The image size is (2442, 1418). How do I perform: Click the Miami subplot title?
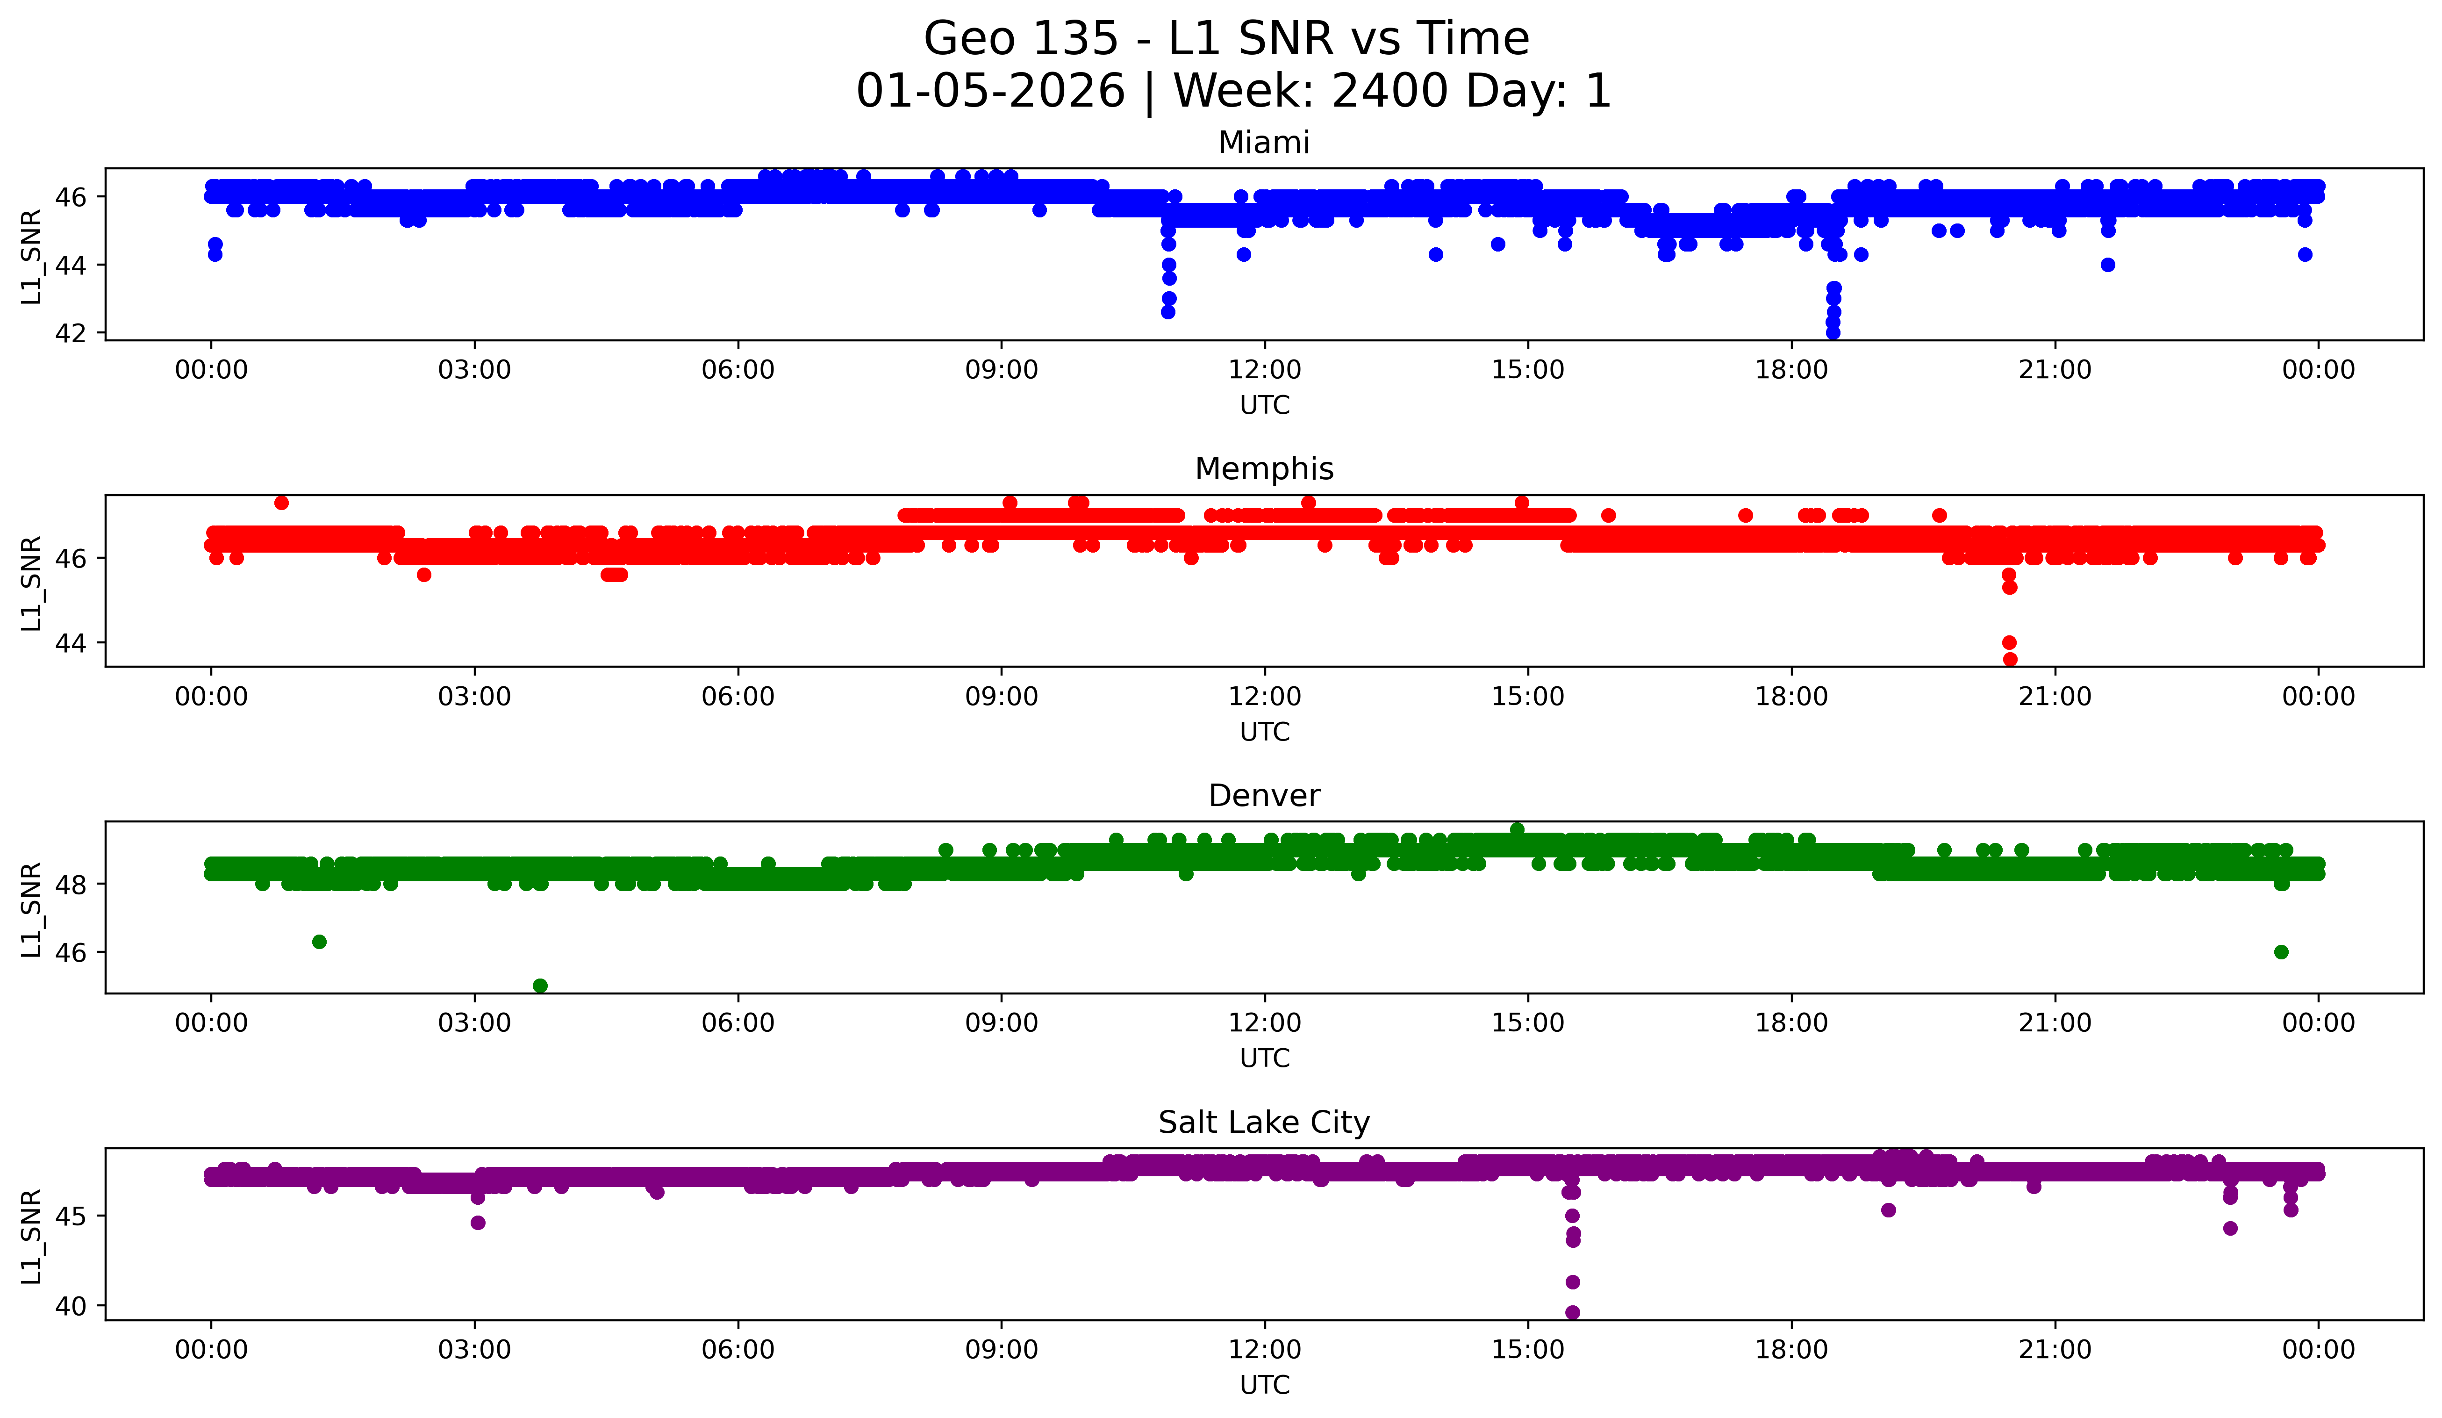tap(1264, 143)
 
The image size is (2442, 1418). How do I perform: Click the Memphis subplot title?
tap(1264, 469)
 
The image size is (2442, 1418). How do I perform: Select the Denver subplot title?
tap(1264, 796)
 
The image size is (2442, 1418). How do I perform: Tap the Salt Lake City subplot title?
tap(1264, 1123)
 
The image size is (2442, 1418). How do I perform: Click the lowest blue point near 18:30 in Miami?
tap(1833, 332)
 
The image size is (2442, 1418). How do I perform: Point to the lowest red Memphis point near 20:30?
tap(2010, 659)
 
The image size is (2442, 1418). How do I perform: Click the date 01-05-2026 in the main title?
tap(990, 91)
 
